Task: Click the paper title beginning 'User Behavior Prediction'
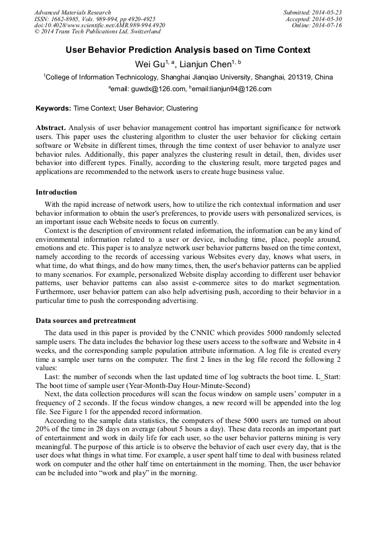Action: (x=188, y=50)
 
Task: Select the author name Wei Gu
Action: (x=149, y=64)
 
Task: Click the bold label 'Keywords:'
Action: (x=53, y=108)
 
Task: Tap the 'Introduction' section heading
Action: (x=56, y=192)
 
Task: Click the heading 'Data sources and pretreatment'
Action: (x=86, y=321)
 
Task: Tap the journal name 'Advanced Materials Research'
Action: (x=72, y=12)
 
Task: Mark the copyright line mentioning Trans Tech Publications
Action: (x=97, y=32)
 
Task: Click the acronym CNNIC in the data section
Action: (x=193, y=332)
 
